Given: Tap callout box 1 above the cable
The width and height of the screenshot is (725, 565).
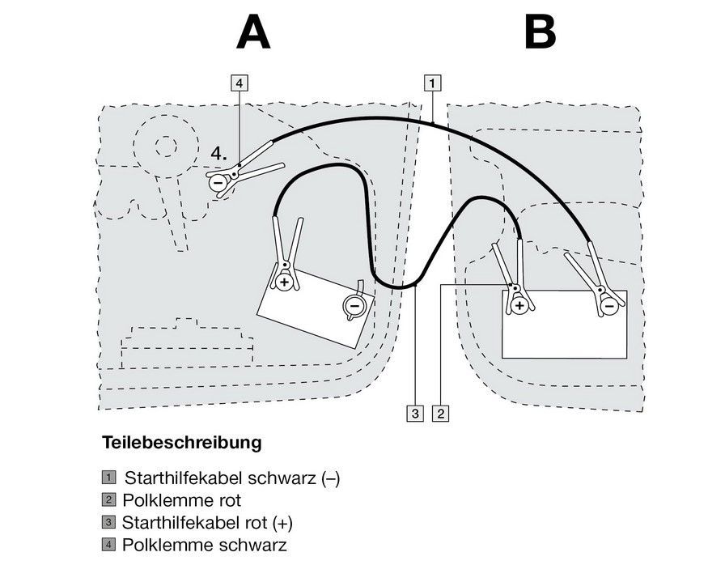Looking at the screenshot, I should [433, 82].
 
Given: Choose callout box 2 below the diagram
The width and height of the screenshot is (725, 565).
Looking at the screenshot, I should [440, 414].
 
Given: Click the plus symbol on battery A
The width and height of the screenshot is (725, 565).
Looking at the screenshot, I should [284, 281].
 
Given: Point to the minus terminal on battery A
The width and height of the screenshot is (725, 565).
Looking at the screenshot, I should [354, 306].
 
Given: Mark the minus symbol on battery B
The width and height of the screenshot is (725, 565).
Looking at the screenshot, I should [608, 306].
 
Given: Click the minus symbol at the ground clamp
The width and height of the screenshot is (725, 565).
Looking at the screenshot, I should [218, 183].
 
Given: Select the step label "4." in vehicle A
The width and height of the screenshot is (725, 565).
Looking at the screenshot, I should [218, 152].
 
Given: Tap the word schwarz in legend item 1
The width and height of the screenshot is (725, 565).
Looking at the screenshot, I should [274, 478].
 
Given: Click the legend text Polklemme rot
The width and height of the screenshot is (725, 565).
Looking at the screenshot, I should [182, 500].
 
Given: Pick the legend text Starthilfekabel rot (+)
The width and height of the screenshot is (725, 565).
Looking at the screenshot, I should [206, 522].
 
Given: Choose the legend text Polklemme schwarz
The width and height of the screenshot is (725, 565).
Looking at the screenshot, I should [204, 545].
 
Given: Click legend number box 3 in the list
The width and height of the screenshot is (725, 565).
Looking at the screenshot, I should [108, 522].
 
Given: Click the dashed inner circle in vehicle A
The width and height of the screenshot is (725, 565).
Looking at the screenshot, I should [164, 146].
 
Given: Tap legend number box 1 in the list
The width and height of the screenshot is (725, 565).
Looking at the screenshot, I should [108, 478].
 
